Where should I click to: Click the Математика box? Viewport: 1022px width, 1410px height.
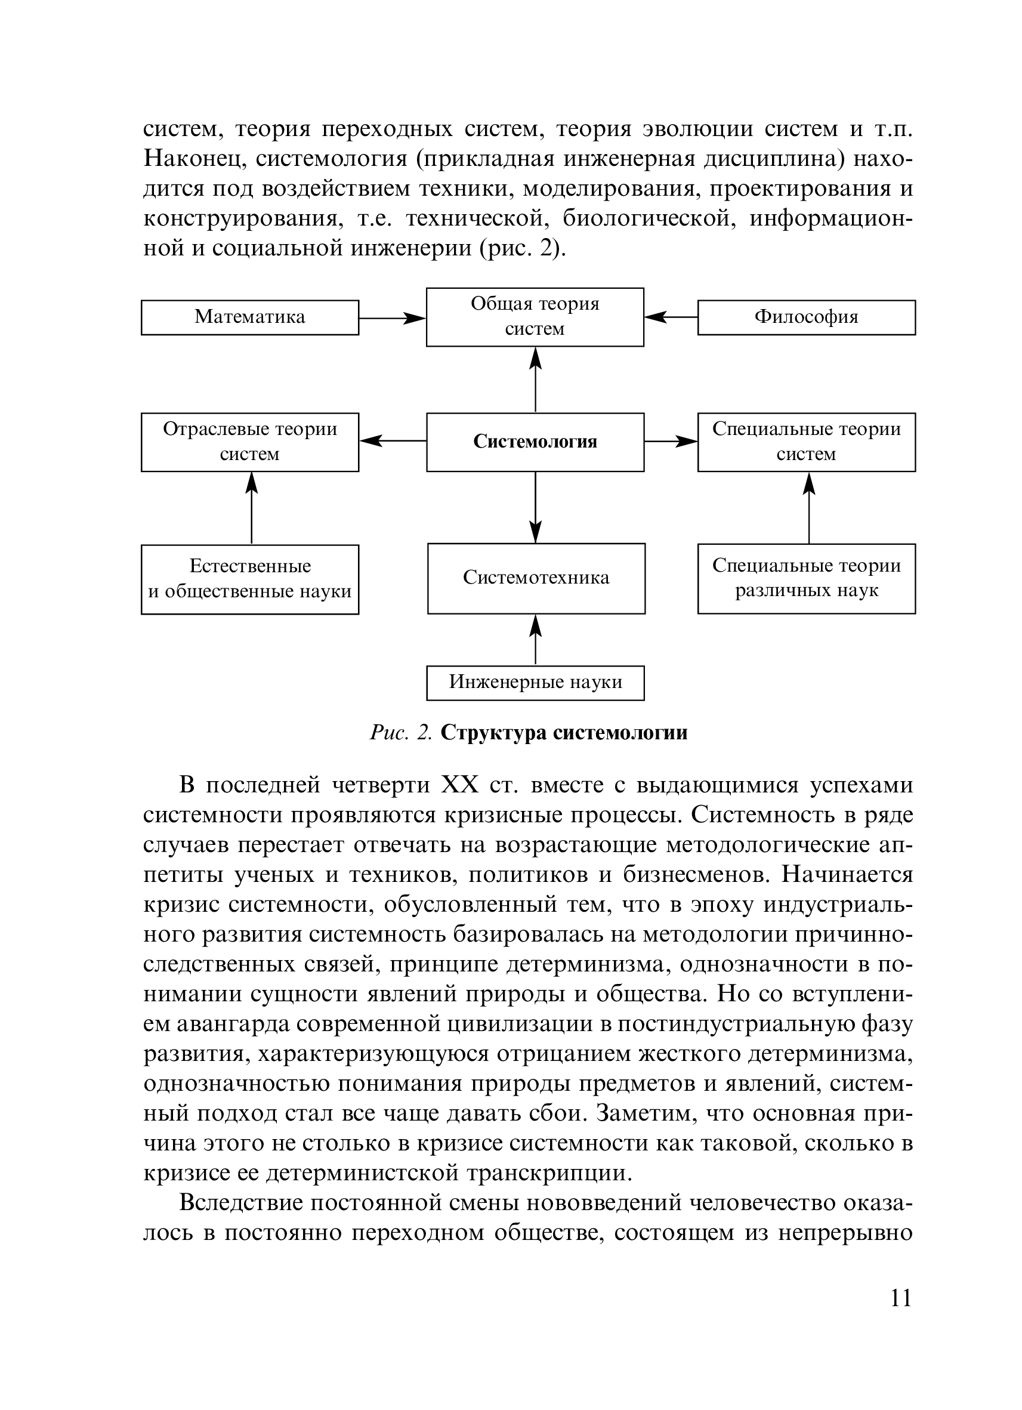tap(250, 317)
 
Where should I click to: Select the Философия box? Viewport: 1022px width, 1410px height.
tap(805, 317)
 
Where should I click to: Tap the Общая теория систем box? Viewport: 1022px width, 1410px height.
tap(535, 316)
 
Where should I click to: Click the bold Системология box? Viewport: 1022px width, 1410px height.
tap(535, 442)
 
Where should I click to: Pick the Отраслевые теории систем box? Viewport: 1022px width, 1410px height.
tap(250, 442)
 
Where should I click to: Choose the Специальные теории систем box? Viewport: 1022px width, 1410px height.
tap(805, 442)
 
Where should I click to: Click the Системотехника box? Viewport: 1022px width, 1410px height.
tap(536, 578)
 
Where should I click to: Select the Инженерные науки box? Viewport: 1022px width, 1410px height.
tap(535, 683)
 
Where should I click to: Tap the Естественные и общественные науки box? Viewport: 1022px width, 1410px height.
tap(250, 579)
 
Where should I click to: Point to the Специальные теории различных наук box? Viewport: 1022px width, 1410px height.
tap(805, 578)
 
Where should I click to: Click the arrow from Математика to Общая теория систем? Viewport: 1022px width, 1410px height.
tap(392, 318)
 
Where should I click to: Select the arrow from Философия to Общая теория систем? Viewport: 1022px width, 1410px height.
tap(671, 317)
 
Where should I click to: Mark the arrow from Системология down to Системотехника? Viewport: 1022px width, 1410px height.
tap(535, 507)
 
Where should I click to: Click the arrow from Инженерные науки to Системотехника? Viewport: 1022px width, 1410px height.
tap(535, 640)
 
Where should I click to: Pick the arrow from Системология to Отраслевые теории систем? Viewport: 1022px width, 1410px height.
tap(393, 441)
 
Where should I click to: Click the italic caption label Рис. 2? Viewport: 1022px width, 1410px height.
tap(400, 733)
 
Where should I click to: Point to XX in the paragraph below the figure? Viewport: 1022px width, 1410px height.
tap(459, 785)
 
